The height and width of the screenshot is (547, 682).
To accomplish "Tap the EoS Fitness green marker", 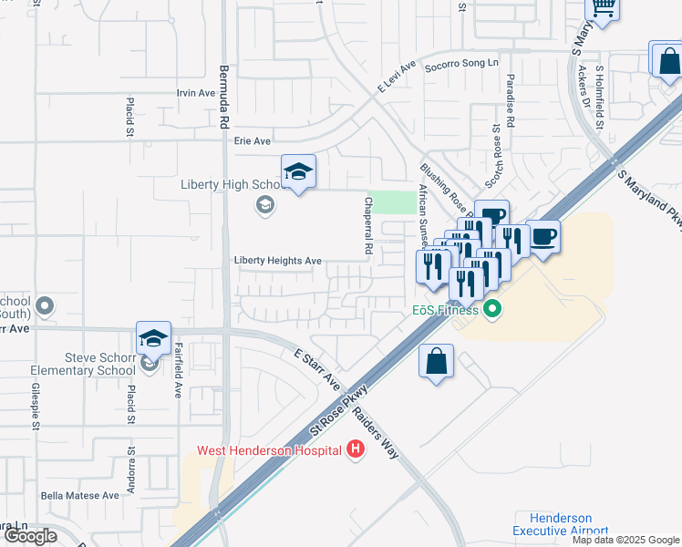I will (493, 310).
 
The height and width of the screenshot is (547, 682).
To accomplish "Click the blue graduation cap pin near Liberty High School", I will (297, 173).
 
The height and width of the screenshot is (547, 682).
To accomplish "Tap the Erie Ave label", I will (253, 141).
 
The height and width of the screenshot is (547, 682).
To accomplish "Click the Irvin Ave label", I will (195, 93).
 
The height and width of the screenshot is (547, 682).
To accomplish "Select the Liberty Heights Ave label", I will (278, 261).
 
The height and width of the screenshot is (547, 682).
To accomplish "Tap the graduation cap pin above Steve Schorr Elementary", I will (153, 338).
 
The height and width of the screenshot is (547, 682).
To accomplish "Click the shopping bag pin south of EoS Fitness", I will (437, 360).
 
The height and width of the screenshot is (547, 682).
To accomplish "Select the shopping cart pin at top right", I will (602, 6).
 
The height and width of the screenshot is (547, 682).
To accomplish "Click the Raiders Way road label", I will (377, 432).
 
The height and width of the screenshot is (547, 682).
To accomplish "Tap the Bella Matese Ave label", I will (80, 495).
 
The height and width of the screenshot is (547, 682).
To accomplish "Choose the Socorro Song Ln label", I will (462, 63).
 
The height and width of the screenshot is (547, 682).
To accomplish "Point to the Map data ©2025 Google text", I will (625, 540).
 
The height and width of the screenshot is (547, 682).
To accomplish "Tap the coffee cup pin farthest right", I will (542, 237).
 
